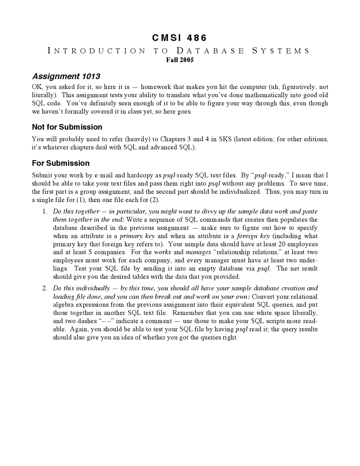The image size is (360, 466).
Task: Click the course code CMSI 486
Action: tap(179, 38)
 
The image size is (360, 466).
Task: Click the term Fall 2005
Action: tap(180, 60)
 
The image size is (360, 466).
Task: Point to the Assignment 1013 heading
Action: tap(66, 76)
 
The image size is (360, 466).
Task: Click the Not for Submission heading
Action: tap(67, 127)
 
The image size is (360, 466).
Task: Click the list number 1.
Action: tap(45, 212)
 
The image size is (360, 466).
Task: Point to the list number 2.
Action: tap(45, 288)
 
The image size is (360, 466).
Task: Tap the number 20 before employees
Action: tap(282, 244)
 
